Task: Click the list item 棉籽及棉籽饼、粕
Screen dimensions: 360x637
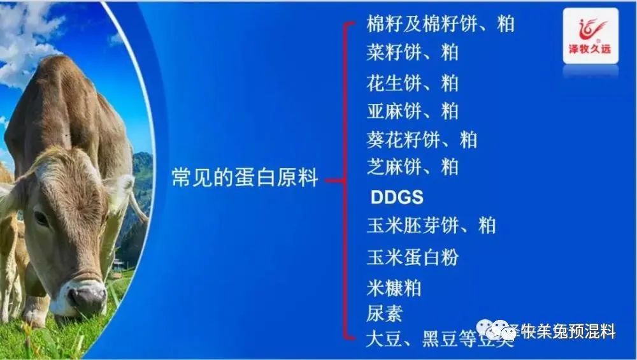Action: click(440, 24)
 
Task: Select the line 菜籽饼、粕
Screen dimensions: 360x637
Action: click(412, 52)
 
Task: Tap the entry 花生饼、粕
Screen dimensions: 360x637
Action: click(412, 83)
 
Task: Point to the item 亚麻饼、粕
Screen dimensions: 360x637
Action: click(412, 111)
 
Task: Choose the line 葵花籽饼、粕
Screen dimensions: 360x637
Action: click(422, 139)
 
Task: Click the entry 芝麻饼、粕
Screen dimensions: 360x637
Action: click(412, 167)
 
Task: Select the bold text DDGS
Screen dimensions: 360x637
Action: click(397, 198)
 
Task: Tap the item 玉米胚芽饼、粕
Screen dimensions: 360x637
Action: click(431, 226)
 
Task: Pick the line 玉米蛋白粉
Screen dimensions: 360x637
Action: click(412, 257)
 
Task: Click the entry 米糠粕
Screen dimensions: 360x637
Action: click(394, 288)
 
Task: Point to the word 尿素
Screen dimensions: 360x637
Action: click(384, 313)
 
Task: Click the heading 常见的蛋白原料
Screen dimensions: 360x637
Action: click(245, 178)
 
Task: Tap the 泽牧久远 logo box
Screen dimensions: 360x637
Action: click(590, 36)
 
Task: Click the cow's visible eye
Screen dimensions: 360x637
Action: click(41, 218)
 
